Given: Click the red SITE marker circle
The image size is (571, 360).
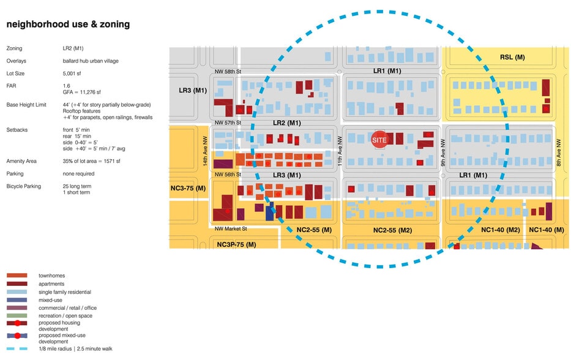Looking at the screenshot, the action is tap(379, 140).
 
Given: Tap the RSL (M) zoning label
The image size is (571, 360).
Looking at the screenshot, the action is tap(512, 57).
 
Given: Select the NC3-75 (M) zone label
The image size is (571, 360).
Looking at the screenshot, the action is tap(188, 189).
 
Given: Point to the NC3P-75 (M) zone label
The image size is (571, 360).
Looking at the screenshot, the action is tap(236, 244).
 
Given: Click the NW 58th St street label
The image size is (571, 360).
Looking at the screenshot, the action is tap(228, 72).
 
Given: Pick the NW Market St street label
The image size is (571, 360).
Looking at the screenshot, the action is tap(231, 229).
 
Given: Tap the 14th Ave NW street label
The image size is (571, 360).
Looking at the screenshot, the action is tap(205, 151).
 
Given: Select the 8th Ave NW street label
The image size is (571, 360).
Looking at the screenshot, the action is tap(559, 152).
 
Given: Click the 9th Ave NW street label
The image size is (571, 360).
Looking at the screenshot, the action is tap(443, 152).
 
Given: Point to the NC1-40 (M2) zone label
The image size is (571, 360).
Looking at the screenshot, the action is tap(501, 230).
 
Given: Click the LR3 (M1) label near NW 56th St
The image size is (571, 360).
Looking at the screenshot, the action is tap(287, 175).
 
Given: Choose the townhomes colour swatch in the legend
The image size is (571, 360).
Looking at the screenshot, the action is tap(17, 276).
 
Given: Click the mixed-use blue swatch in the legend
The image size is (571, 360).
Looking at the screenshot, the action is tap(17, 300).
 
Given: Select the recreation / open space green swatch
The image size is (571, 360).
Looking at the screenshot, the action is tap(17, 315).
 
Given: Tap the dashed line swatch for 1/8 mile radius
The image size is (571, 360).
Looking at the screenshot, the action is tap(17, 349).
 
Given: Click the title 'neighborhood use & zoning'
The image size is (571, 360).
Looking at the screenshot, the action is tap(68, 24).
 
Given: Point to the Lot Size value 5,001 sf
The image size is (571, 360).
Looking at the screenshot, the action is tap(72, 73).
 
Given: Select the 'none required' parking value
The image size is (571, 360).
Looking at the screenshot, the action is tap(78, 174).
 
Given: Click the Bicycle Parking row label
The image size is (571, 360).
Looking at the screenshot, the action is tap(24, 186).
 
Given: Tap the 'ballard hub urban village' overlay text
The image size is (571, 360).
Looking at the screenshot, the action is tap(91, 61).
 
